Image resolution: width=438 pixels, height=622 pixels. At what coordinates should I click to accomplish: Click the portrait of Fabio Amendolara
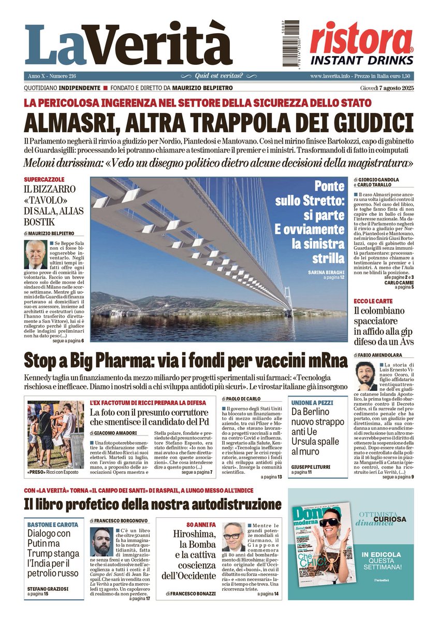coord(366,376)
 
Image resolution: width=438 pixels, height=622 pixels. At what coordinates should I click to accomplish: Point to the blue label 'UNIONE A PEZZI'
coord(311,402)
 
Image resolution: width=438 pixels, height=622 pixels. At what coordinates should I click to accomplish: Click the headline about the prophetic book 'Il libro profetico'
coord(153,504)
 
